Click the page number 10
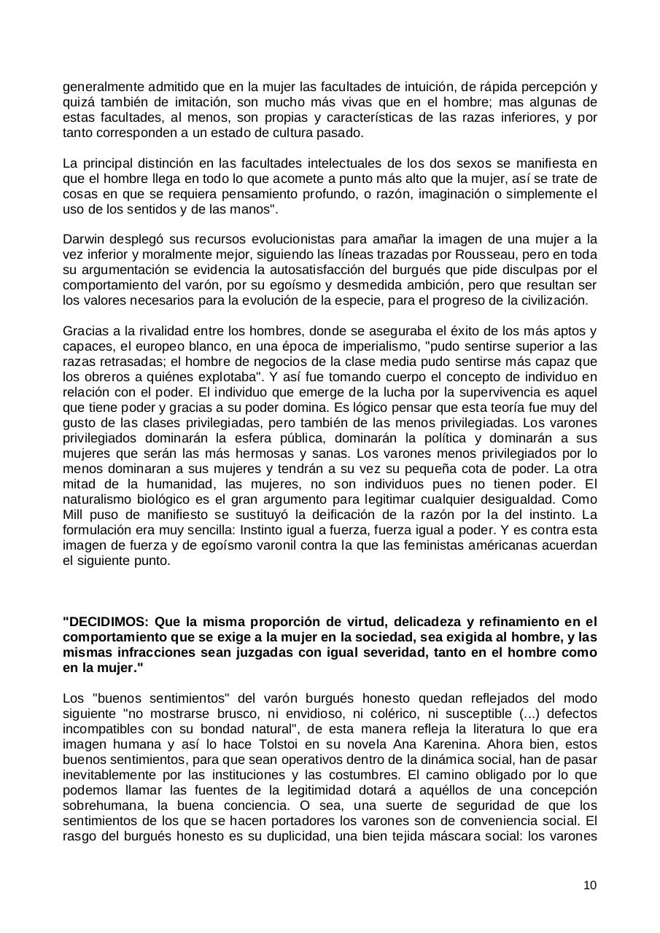pyautogui.click(x=590, y=885)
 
